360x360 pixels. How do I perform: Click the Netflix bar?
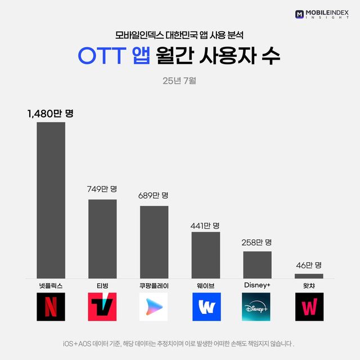click(x=51, y=200)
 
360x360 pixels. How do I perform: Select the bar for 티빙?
click(x=102, y=238)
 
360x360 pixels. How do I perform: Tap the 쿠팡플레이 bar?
click(x=154, y=242)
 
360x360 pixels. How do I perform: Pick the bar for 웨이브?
click(x=206, y=255)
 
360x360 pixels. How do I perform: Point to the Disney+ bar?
click(x=257, y=264)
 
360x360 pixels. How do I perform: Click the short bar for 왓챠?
click(x=309, y=276)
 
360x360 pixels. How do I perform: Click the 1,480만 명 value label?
click(x=51, y=114)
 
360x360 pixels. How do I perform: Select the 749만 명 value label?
click(x=102, y=189)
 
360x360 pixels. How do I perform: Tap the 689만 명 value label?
click(x=154, y=196)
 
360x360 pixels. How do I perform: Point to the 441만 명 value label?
click(x=205, y=225)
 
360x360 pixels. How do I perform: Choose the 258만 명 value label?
click(x=257, y=242)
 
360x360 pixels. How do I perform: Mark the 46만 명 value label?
click(x=309, y=265)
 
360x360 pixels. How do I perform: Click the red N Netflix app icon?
click(x=51, y=307)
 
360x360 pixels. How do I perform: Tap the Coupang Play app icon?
click(x=154, y=307)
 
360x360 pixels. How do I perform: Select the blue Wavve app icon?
click(x=206, y=307)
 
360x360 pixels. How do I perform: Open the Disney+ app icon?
click(x=256, y=307)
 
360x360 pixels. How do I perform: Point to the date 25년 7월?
click(x=179, y=81)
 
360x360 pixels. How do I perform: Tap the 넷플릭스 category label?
click(x=51, y=286)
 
